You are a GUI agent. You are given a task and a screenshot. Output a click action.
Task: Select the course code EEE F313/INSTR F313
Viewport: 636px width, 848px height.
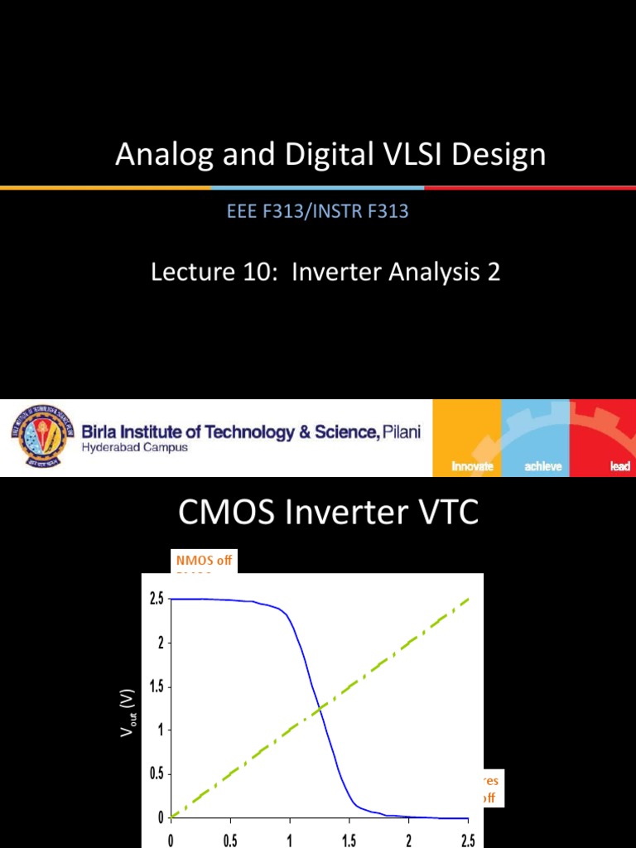point(318,211)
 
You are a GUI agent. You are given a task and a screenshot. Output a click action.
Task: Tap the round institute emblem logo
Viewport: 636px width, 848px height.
point(42,437)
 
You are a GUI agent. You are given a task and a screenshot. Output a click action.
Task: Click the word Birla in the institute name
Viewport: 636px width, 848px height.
point(104,432)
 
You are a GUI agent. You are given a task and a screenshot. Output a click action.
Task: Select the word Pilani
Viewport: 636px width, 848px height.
point(402,432)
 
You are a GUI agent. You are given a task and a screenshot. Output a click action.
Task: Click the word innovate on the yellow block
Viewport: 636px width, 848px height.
point(472,466)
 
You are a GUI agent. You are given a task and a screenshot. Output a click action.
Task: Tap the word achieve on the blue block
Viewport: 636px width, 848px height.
point(543,466)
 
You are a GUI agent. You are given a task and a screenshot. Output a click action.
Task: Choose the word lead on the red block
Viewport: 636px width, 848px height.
point(619,466)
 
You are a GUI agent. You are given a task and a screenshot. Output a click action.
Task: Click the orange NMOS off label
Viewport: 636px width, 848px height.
point(202,560)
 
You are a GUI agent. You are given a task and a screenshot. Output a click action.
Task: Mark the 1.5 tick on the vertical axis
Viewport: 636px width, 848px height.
point(157,687)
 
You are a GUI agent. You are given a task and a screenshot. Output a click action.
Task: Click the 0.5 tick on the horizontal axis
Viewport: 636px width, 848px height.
point(230,840)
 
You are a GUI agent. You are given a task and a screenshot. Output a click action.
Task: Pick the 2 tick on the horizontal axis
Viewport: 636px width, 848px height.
point(408,840)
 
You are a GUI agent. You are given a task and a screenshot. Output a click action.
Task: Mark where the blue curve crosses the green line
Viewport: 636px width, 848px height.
point(319,708)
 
